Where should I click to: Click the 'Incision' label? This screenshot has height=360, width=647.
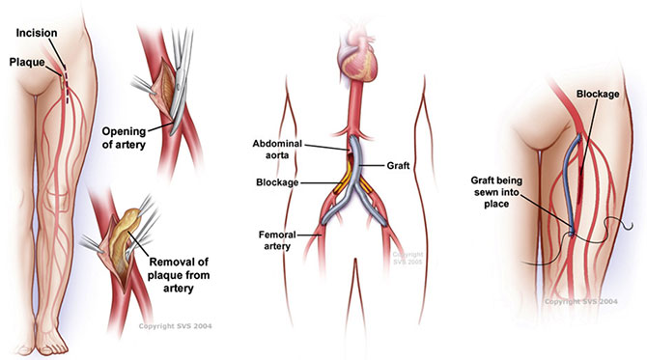[x=37, y=33]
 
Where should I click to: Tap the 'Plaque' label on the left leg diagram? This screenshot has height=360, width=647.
[x=27, y=62]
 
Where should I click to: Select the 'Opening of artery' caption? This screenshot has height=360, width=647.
[x=125, y=138]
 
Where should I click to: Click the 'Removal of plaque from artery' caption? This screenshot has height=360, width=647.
[x=179, y=275]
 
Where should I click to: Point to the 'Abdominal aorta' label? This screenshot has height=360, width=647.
[x=277, y=150]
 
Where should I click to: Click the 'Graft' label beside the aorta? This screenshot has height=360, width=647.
[x=398, y=165]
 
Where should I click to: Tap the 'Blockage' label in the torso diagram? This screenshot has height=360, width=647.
[x=277, y=182]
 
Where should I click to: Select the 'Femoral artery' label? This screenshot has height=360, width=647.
[x=277, y=240]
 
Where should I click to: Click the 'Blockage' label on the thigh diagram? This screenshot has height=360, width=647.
[x=598, y=94]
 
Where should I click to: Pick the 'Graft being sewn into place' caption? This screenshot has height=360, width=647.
[x=496, y=192]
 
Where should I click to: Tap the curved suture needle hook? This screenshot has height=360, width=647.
[x=627, y=226]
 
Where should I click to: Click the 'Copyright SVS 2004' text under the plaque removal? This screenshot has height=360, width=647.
[x=176, y=326]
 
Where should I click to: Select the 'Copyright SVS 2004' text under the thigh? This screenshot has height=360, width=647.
[x=581, y=302]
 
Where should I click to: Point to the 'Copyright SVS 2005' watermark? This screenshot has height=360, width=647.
[x=408, y=258]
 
